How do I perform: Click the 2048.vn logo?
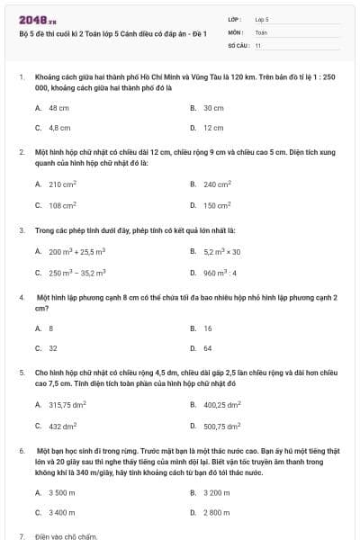[x=31, y=19]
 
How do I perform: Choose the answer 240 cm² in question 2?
[x=217, y=184]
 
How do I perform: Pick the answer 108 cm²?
[x=62, y=205]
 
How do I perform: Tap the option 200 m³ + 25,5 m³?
[x=76, y=251]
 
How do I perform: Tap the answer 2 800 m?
[x=217, y=512]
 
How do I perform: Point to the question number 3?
[x=22, y=229]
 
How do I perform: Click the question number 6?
[x=22, y=448]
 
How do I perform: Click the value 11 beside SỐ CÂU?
[x=258, y=44]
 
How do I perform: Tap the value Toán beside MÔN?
[x=261, y=31]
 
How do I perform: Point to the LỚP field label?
[x=235, y=19]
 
